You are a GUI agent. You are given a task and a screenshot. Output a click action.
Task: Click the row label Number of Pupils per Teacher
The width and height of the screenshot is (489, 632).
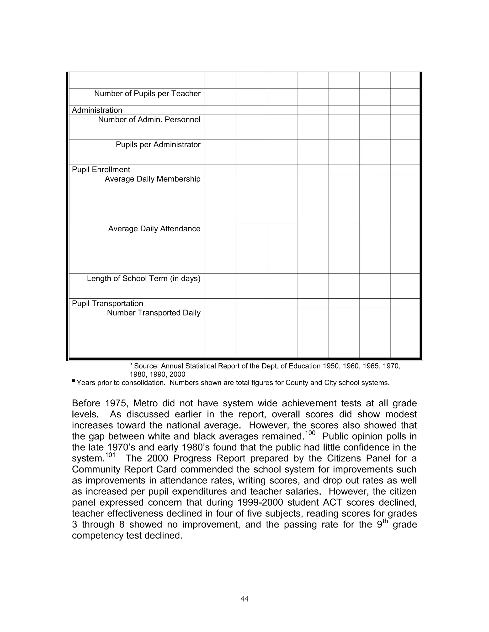coord(147,94)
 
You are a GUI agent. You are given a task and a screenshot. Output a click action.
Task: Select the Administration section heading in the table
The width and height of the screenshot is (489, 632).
coord(97,110)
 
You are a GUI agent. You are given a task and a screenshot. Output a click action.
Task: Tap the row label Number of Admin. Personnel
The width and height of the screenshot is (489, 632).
coord(149,120)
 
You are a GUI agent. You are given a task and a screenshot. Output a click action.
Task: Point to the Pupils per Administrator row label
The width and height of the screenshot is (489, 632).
coord(158,145)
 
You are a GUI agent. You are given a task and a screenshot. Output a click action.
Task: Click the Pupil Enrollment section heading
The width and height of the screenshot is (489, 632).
coord(101,170)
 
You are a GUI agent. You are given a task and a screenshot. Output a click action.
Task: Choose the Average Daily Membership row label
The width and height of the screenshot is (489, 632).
coord(152,179)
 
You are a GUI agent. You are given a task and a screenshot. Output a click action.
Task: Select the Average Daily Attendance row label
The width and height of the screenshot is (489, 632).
coord(154,229)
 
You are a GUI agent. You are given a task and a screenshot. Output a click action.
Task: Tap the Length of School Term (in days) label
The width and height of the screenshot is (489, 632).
coord(144,279)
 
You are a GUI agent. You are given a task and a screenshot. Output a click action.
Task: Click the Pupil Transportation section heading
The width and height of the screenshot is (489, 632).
coord(107,304)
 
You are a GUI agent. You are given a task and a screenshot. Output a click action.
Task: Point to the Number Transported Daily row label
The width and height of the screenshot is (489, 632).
coord(154,313)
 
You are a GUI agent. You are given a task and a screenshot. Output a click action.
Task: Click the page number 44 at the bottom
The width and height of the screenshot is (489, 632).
coord(244,599)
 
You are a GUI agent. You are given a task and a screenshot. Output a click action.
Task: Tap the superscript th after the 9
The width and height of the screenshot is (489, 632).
coord(385,521)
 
